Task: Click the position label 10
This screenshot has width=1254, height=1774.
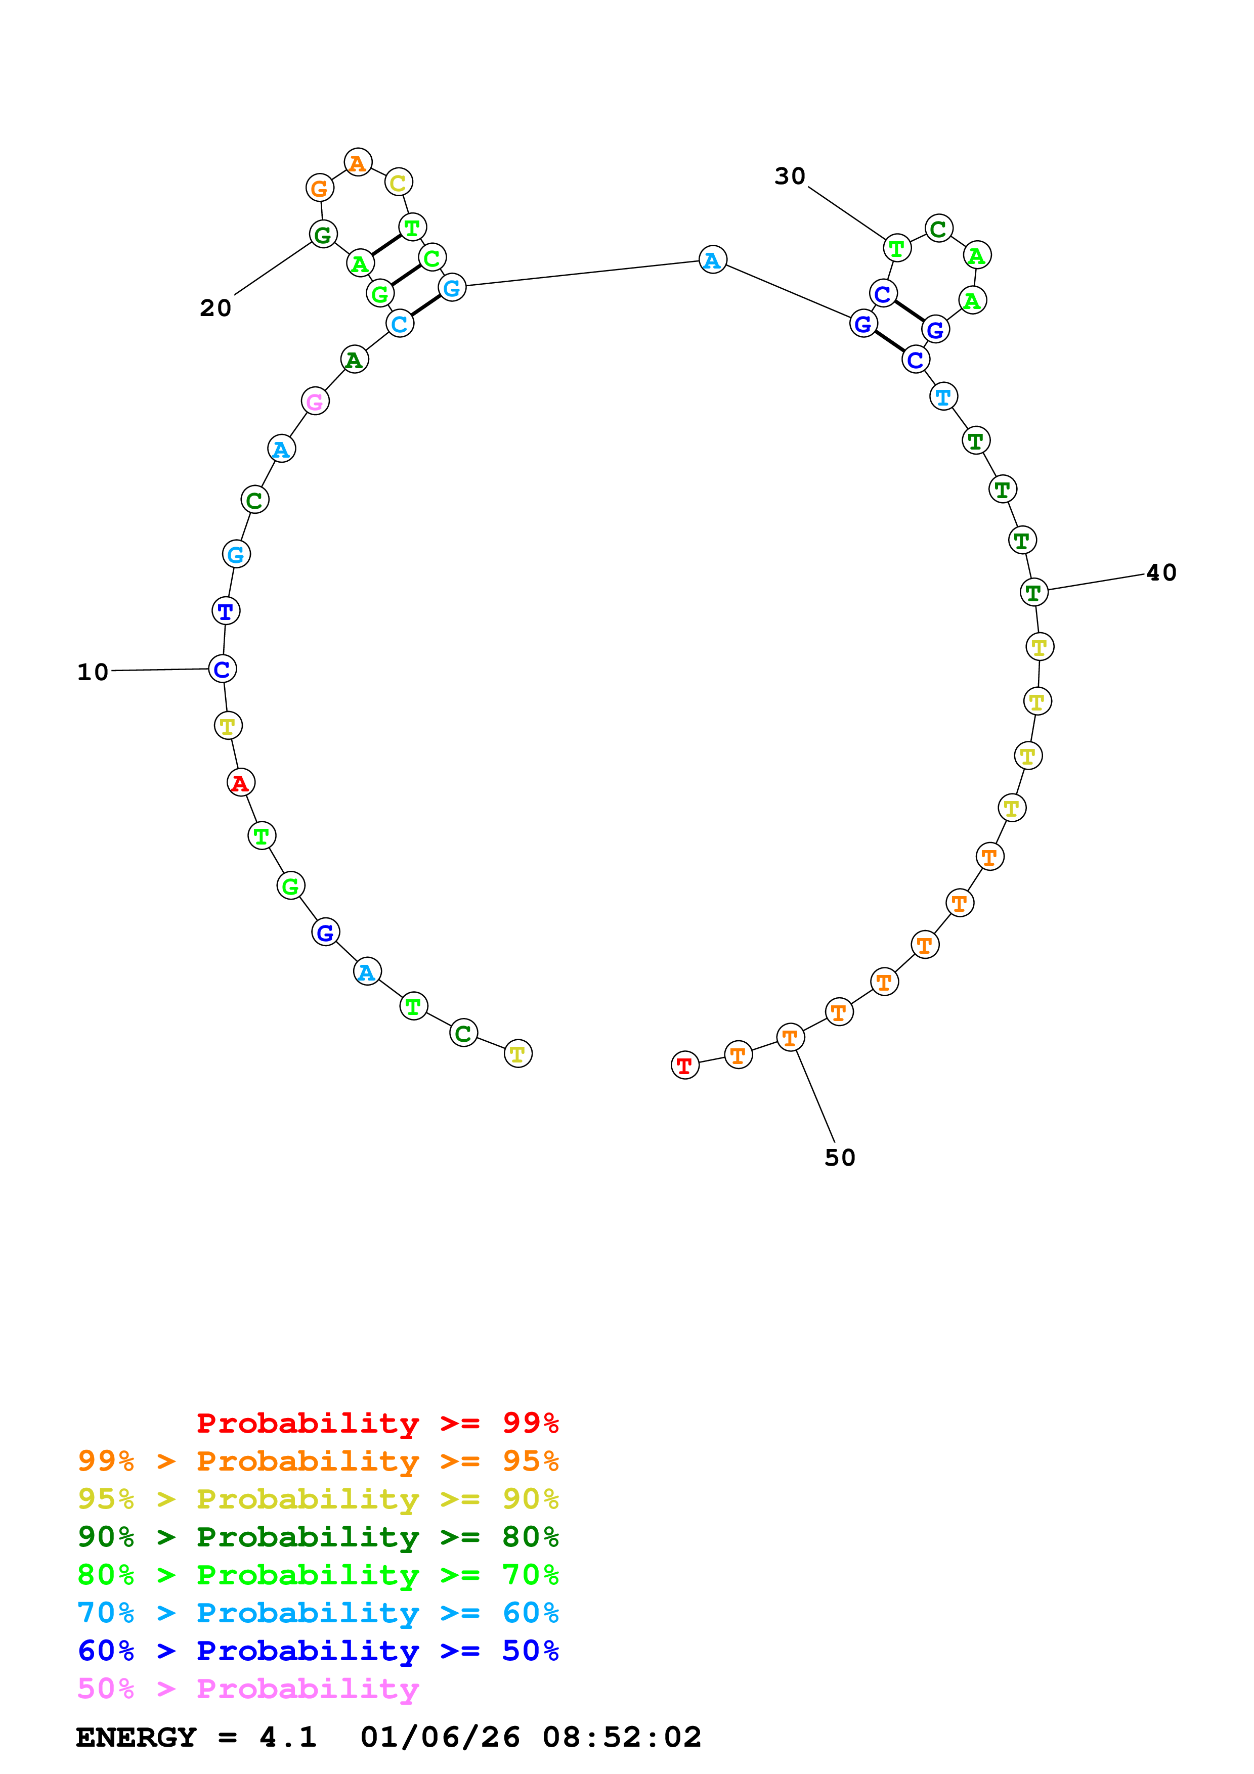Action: (x=93, y=672)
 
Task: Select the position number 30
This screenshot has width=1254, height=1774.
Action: (x=790, y=176)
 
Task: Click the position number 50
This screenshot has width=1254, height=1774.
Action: (x=840, y=1158)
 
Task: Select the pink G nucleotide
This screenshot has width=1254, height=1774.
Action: (x=315, y=401)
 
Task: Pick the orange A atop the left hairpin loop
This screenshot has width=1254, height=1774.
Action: (x=358, y=162)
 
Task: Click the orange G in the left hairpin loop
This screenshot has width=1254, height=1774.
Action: (x=320, y=188)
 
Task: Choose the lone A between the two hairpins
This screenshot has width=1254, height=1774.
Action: (x=712, y=259)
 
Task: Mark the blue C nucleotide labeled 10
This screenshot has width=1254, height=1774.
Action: (x=223, y=669)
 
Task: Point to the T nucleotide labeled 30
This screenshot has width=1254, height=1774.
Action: (x=897, y=248)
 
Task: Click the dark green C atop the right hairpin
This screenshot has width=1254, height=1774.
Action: (x=939, y=229)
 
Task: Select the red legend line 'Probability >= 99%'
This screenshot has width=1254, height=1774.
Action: (x=377, y=1423)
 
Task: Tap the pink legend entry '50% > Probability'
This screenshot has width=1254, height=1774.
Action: (x=248, y=1689)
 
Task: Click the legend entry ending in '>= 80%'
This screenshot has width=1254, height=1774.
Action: (x=318, y=1537)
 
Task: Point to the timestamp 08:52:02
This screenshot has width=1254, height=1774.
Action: (x=622, y=1738)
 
